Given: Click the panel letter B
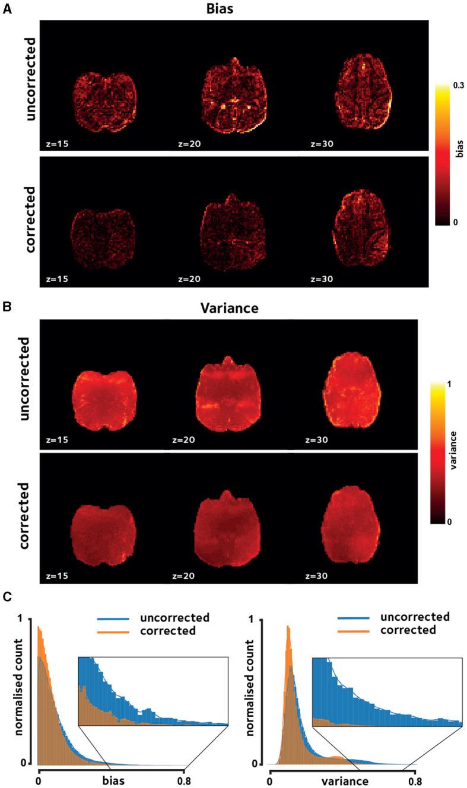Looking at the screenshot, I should (7, 308).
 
